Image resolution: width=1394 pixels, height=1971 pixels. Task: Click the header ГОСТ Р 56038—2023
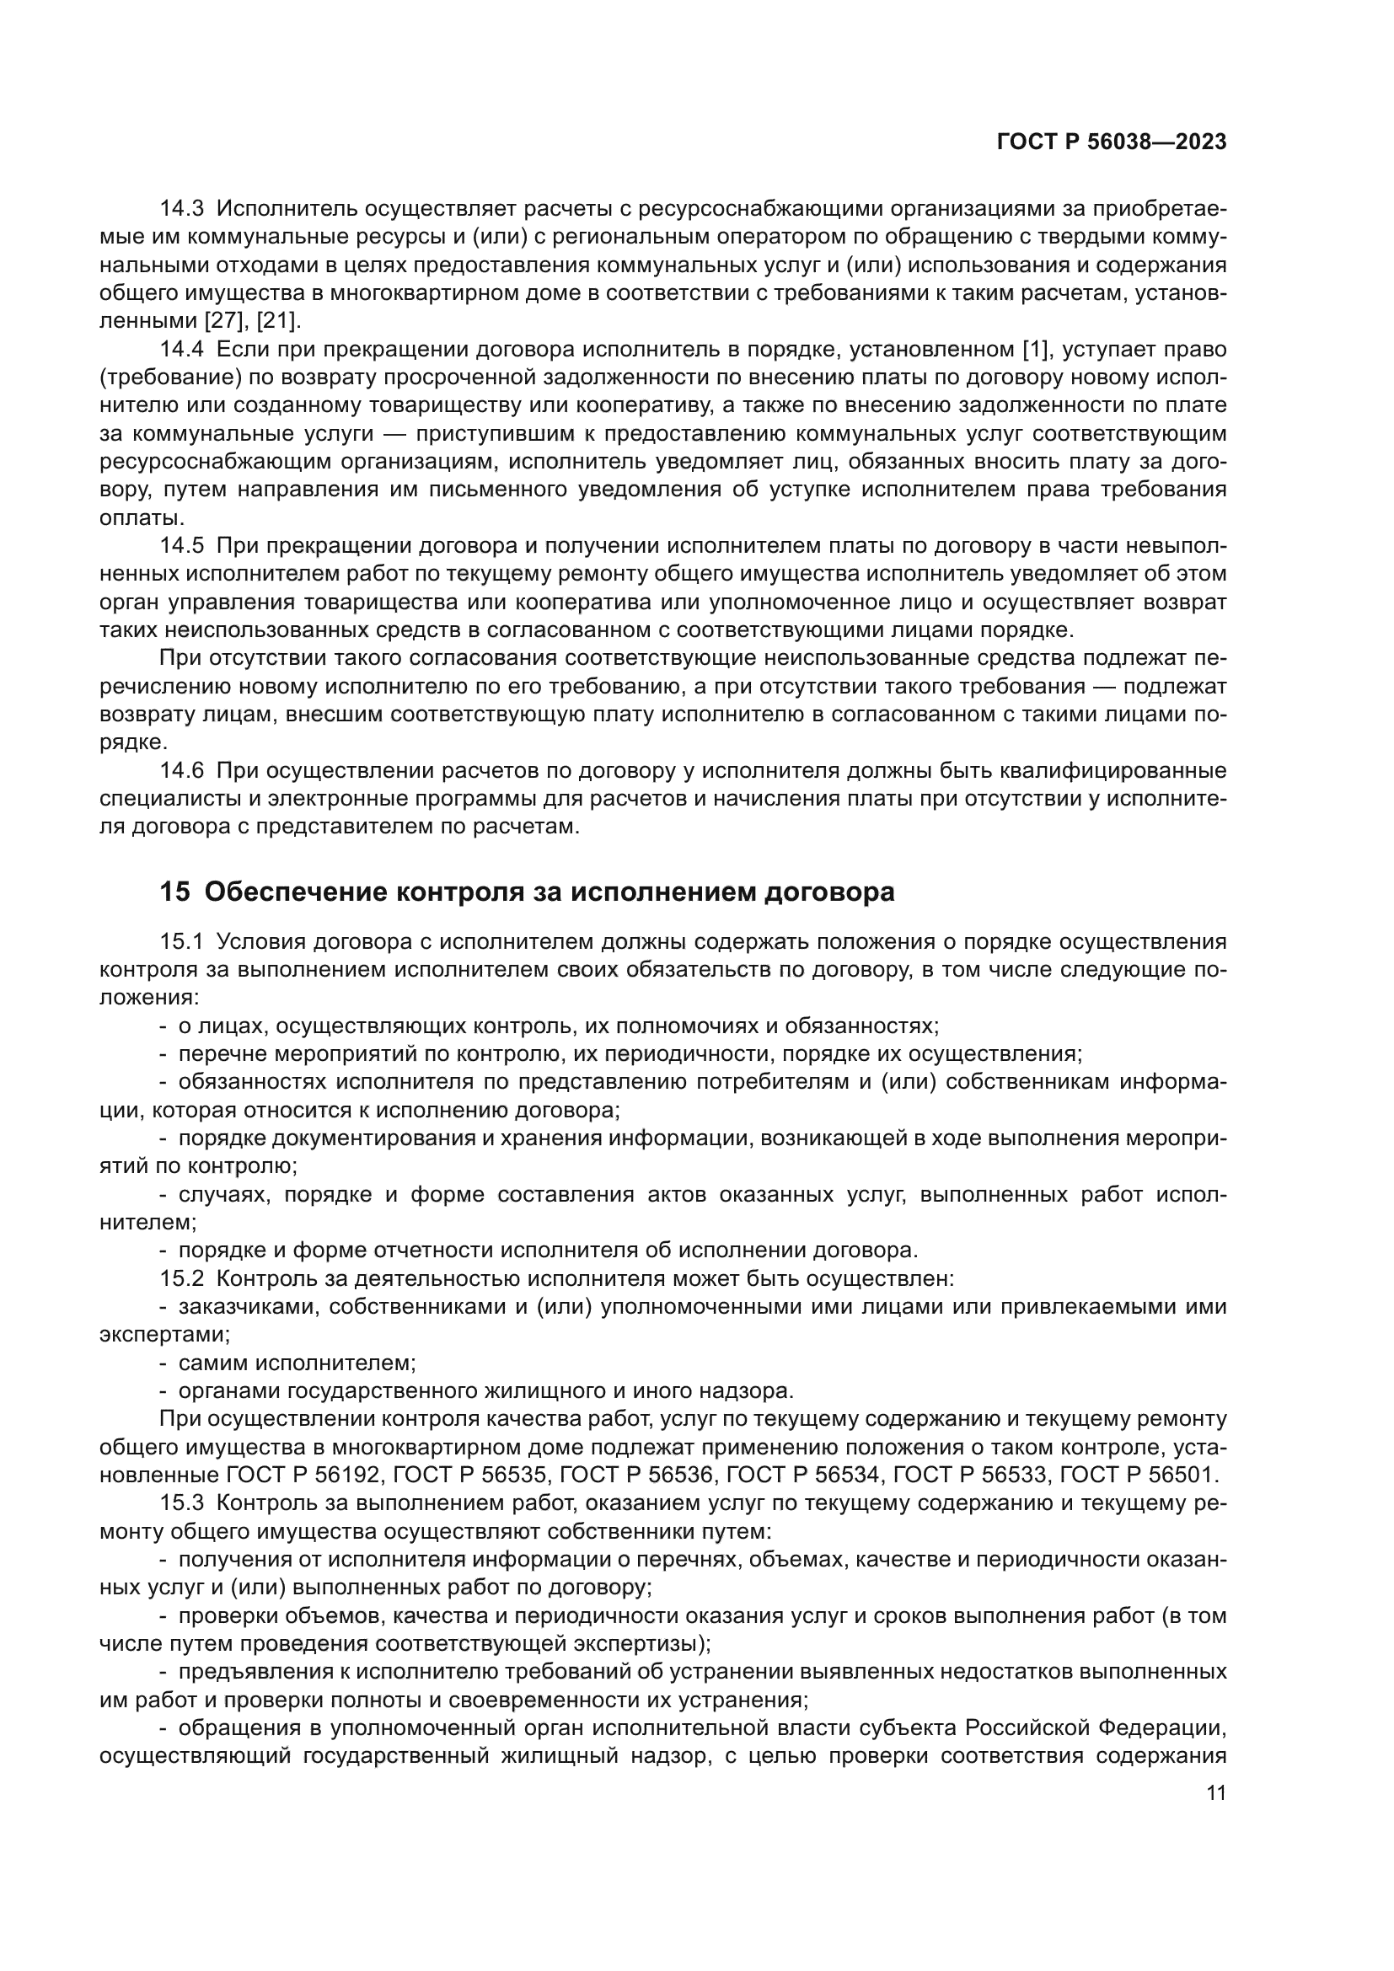click(x=1111, y=142)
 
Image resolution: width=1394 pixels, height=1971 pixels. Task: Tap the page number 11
click(x=1215, y=1793)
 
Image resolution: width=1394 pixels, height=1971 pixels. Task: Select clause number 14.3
click(x=181, y=209)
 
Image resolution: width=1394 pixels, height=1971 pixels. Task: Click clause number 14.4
click(x=181, y=350)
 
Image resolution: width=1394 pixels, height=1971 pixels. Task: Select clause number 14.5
click(x=181, y=546)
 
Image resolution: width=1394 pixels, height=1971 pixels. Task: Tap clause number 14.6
click(x=181, y=771)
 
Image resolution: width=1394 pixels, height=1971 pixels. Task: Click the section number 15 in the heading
click(x=174, y=892)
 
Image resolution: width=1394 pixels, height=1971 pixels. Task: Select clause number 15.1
click(x=181, y=942)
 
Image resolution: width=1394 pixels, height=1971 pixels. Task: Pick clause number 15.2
click(x=181, y=1278)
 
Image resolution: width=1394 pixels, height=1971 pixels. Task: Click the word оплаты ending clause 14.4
click(x=141, y=517)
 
